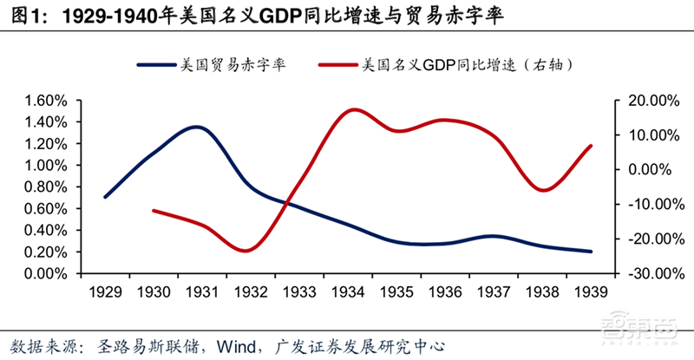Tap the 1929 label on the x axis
click(105, 291)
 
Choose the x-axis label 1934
click(349, 291)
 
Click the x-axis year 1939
click(592, 291)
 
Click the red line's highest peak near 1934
click(354, 109)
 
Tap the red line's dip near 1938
click(543, 189)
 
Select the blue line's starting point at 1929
click(105, 197)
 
